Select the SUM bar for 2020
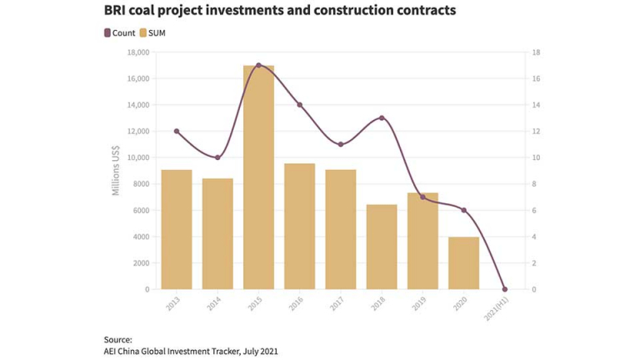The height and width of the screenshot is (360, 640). point(463,262)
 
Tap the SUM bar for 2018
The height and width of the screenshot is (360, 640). point(382,247)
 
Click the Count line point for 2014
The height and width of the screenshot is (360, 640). point(217,157)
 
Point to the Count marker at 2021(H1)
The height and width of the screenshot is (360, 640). point(505,289)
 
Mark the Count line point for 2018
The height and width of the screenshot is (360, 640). point(382,117)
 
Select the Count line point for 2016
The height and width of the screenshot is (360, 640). point(300,105)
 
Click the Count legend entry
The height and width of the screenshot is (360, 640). point(119,33)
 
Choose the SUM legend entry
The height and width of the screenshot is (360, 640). point(152,33)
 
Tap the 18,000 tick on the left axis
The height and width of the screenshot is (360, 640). point(137,52)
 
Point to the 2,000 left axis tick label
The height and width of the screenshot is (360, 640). point(140,263)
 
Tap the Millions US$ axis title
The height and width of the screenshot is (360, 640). point(116,171)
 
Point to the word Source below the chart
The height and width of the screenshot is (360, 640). point(117,339)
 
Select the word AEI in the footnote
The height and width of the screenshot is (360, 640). point(112,351)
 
